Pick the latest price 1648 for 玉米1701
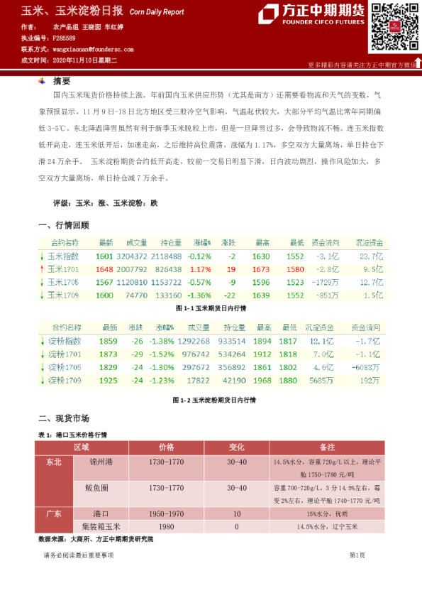pos(104,269)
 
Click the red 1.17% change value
pos(201,269)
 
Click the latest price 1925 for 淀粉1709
pos(108,380)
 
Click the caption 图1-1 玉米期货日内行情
pos(211,309)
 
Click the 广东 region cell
pos(53,513)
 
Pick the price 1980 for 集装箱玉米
pos(167,526)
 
